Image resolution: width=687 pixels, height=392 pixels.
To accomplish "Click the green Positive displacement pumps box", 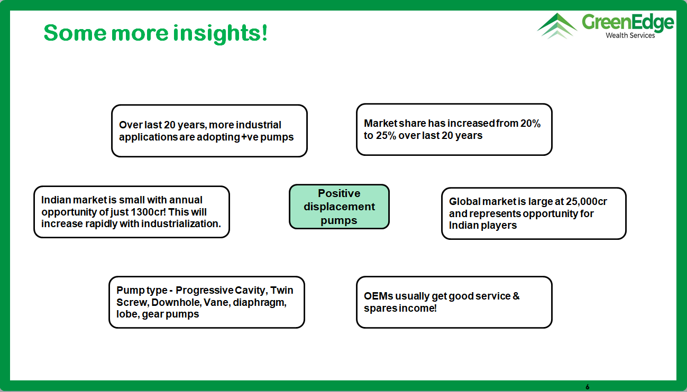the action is click(339, 207).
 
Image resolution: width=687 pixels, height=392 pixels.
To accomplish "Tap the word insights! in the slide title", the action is click(220, 33).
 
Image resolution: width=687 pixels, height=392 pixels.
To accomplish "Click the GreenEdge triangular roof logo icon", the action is click(557, 26).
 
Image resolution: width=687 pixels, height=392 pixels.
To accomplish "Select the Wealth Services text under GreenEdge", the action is click(630, 35).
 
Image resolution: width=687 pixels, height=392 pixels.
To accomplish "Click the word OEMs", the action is click(379, 296).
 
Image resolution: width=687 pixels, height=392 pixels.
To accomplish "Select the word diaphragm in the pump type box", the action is click(260, 303).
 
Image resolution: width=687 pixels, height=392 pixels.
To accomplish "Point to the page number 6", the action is click(588, 387).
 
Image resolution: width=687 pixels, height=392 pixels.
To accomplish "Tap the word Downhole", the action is click(176, 303).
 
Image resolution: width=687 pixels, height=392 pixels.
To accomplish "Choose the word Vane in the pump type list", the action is click(217, 303).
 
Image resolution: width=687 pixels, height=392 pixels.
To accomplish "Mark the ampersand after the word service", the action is click(516, 296).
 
